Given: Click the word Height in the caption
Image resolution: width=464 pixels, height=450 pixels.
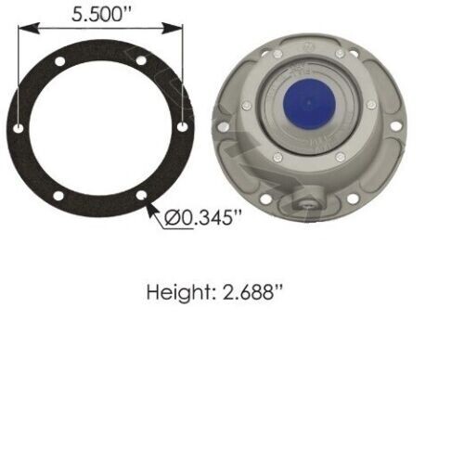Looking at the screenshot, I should click(x=178, y=292).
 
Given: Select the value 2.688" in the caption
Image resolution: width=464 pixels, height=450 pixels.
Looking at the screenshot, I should click(x=249, y=292).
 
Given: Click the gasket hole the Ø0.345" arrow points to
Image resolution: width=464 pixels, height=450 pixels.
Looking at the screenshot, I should click(x=140, y=196).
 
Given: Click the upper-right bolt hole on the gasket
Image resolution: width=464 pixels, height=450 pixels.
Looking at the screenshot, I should click(x=141, y=60).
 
